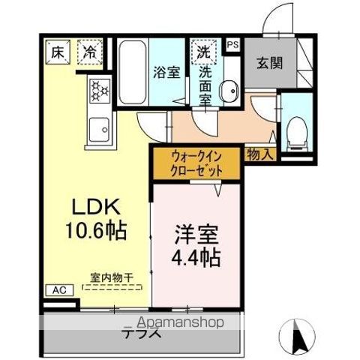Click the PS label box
[232, 45]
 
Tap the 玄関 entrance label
[270, 63]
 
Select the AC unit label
[60, 290]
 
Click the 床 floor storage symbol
[58, 52]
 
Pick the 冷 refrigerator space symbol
[90, 52]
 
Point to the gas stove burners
[100, 91]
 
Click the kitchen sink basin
[99, 130]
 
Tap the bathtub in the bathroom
[132, 73]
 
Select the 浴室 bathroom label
[166, 72]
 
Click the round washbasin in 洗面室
[229, 91]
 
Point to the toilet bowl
[297, 133]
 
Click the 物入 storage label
[260, 154]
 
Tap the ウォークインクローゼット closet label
[196, 164]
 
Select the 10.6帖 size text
[96, 230]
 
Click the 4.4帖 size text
[196, 257]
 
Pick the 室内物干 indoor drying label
[112, 277]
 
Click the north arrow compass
[297, 336]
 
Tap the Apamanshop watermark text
[181, 322]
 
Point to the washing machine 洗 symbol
[204, 52]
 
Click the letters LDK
[96, 207]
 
